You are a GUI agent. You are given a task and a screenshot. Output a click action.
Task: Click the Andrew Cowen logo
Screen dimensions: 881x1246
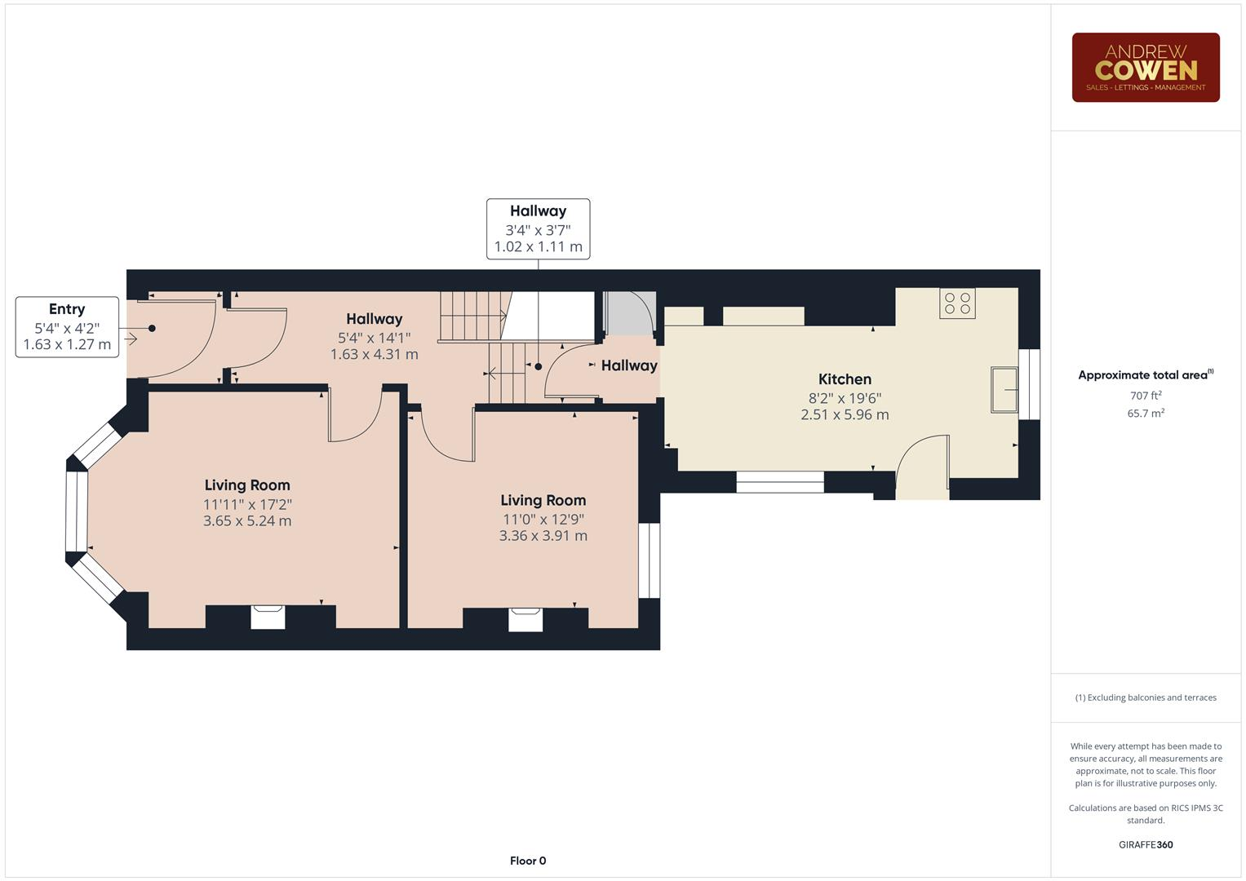coord(1145,68)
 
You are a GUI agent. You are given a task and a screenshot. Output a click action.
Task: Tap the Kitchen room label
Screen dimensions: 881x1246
coord(845,379)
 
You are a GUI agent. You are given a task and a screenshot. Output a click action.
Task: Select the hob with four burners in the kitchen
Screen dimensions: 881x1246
coord(956,303)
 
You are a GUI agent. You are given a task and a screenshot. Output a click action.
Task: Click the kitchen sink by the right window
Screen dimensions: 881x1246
coord(1004,390)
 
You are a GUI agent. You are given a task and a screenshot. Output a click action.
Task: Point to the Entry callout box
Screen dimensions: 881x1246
coord(67,326)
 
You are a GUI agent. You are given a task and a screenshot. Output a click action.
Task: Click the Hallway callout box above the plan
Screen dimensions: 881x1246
coord(538,229)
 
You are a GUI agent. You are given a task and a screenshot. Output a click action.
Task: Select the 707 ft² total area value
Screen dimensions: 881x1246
coord(1145,396)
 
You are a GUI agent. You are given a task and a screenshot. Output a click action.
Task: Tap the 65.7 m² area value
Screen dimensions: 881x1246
coord(1145,414)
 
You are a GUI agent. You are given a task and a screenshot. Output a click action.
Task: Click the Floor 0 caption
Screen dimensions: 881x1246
coord(527,861)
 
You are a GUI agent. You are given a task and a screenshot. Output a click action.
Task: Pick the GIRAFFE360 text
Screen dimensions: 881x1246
coord(1145,844)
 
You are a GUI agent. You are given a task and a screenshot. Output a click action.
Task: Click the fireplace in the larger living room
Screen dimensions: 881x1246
coord(268,617)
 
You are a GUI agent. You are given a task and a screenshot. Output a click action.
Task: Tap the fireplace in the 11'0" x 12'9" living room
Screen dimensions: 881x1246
coord(525,619)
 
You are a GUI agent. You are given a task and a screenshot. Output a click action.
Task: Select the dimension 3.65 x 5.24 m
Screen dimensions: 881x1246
coord(247,521)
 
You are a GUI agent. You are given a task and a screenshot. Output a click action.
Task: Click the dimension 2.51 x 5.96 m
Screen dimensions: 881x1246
coord(845,415)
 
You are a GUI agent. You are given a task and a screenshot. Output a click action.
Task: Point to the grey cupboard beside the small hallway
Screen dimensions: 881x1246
coord(628,313)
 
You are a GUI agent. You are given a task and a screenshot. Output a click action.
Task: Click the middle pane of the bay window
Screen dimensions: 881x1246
coord(77,511)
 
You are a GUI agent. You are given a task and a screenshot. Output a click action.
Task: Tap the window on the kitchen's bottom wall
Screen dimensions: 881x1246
coord(779,482)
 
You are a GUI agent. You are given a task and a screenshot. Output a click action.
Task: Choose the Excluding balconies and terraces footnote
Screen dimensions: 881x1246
coord(1145,697)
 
